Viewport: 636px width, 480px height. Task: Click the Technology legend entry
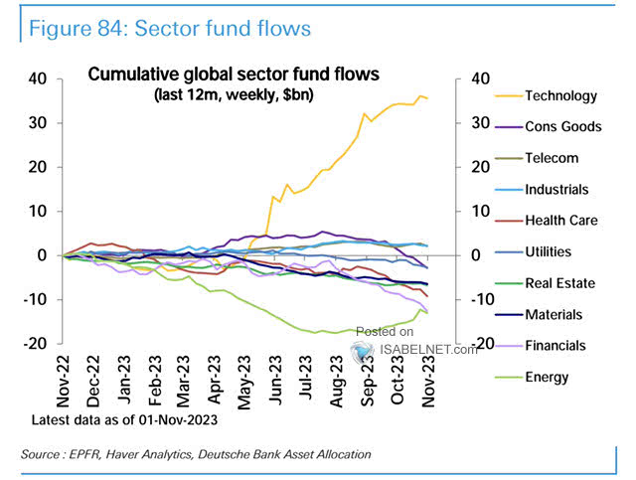point(561,96)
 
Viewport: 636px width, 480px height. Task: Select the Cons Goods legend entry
point(561,127)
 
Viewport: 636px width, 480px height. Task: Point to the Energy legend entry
point(547,377)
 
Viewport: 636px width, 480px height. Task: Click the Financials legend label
point(556,346)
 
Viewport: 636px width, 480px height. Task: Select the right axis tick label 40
point(477,80)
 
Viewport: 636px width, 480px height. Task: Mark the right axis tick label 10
point(477,212)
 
